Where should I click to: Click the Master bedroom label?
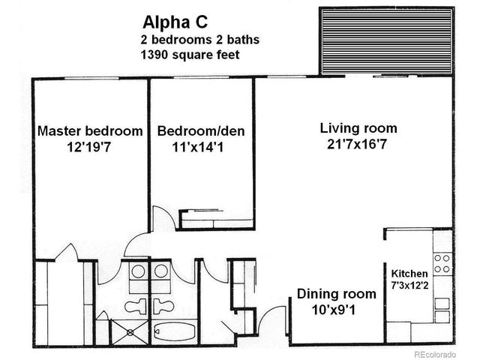[90, 131]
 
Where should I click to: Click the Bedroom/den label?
[200, 131]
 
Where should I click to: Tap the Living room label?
[358, 127]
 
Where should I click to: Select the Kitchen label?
[409, 274]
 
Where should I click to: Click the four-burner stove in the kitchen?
[442, 262]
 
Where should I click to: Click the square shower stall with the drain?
[125, 331]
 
